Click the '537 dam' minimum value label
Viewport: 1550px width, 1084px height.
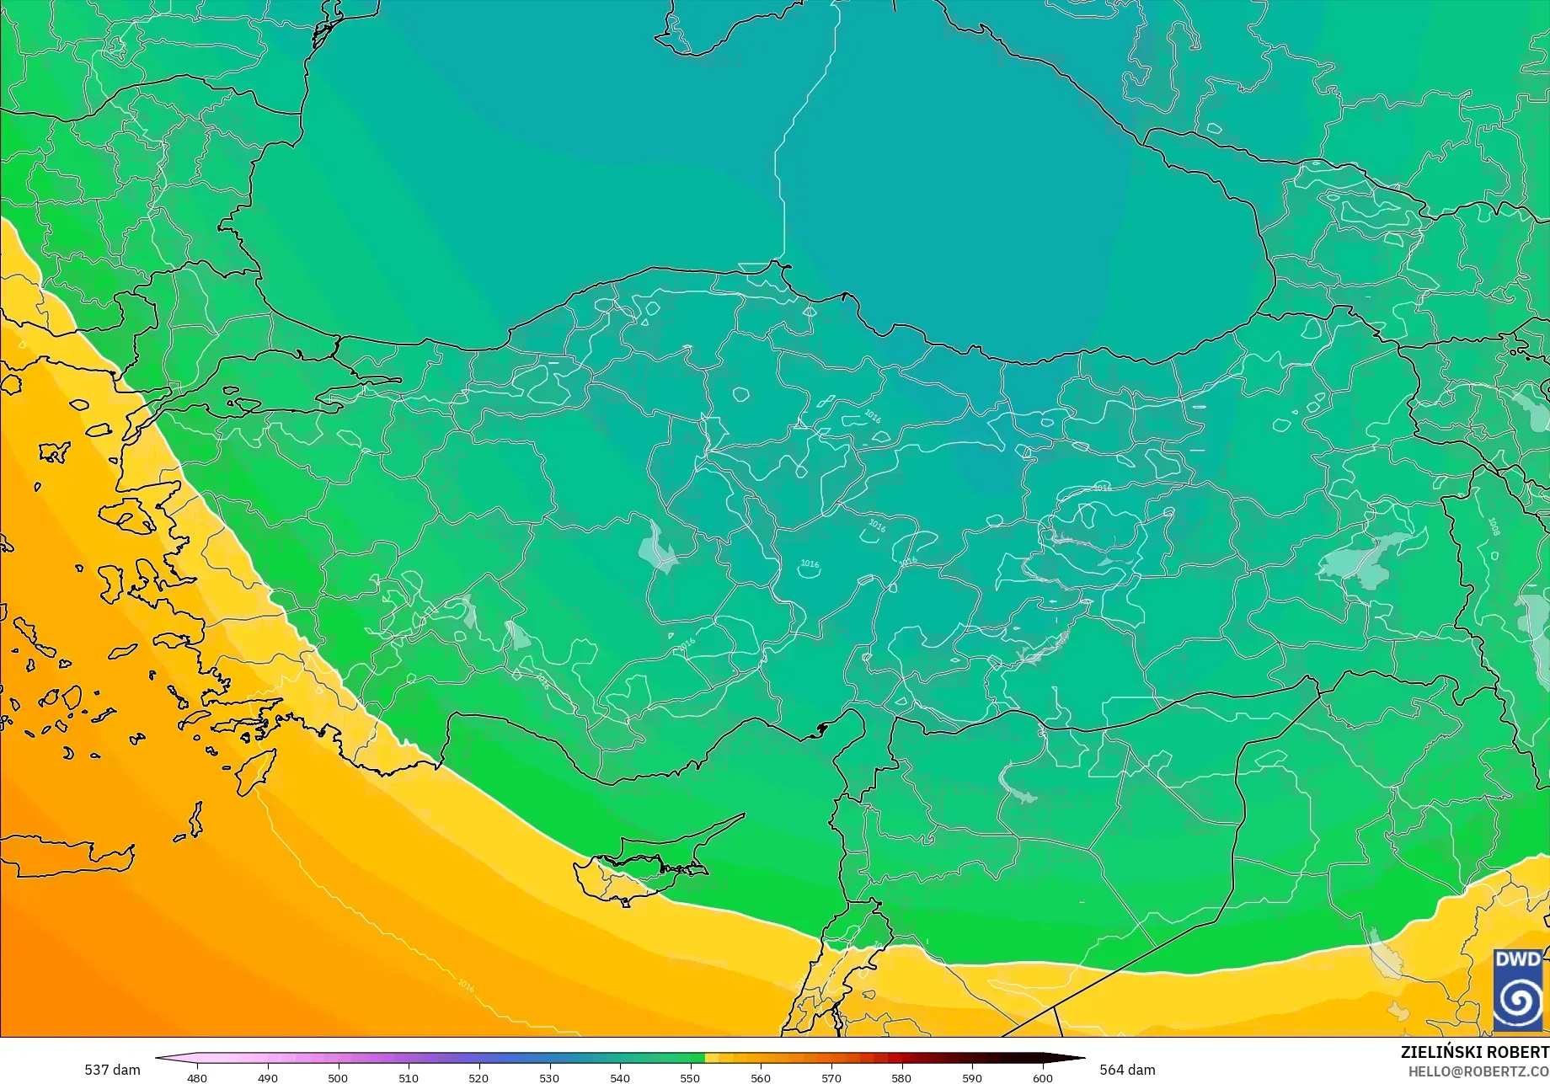(112, 1070)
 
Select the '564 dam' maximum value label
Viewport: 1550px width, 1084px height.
(1127, 1070)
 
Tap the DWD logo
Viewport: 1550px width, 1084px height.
(1517, 990)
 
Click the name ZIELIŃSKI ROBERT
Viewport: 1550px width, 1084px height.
(1474, 1052)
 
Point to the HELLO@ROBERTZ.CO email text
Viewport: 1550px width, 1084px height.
(1478, 1071)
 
